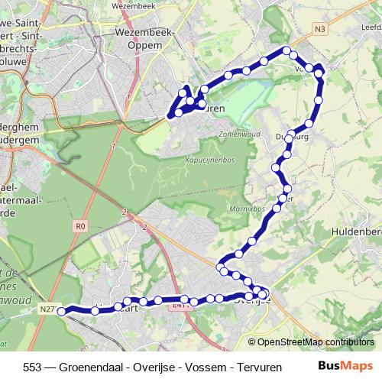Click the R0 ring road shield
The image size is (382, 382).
click(81, 226)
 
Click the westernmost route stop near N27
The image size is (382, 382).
click(62, 310)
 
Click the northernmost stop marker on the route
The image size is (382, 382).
click(288, 51)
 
